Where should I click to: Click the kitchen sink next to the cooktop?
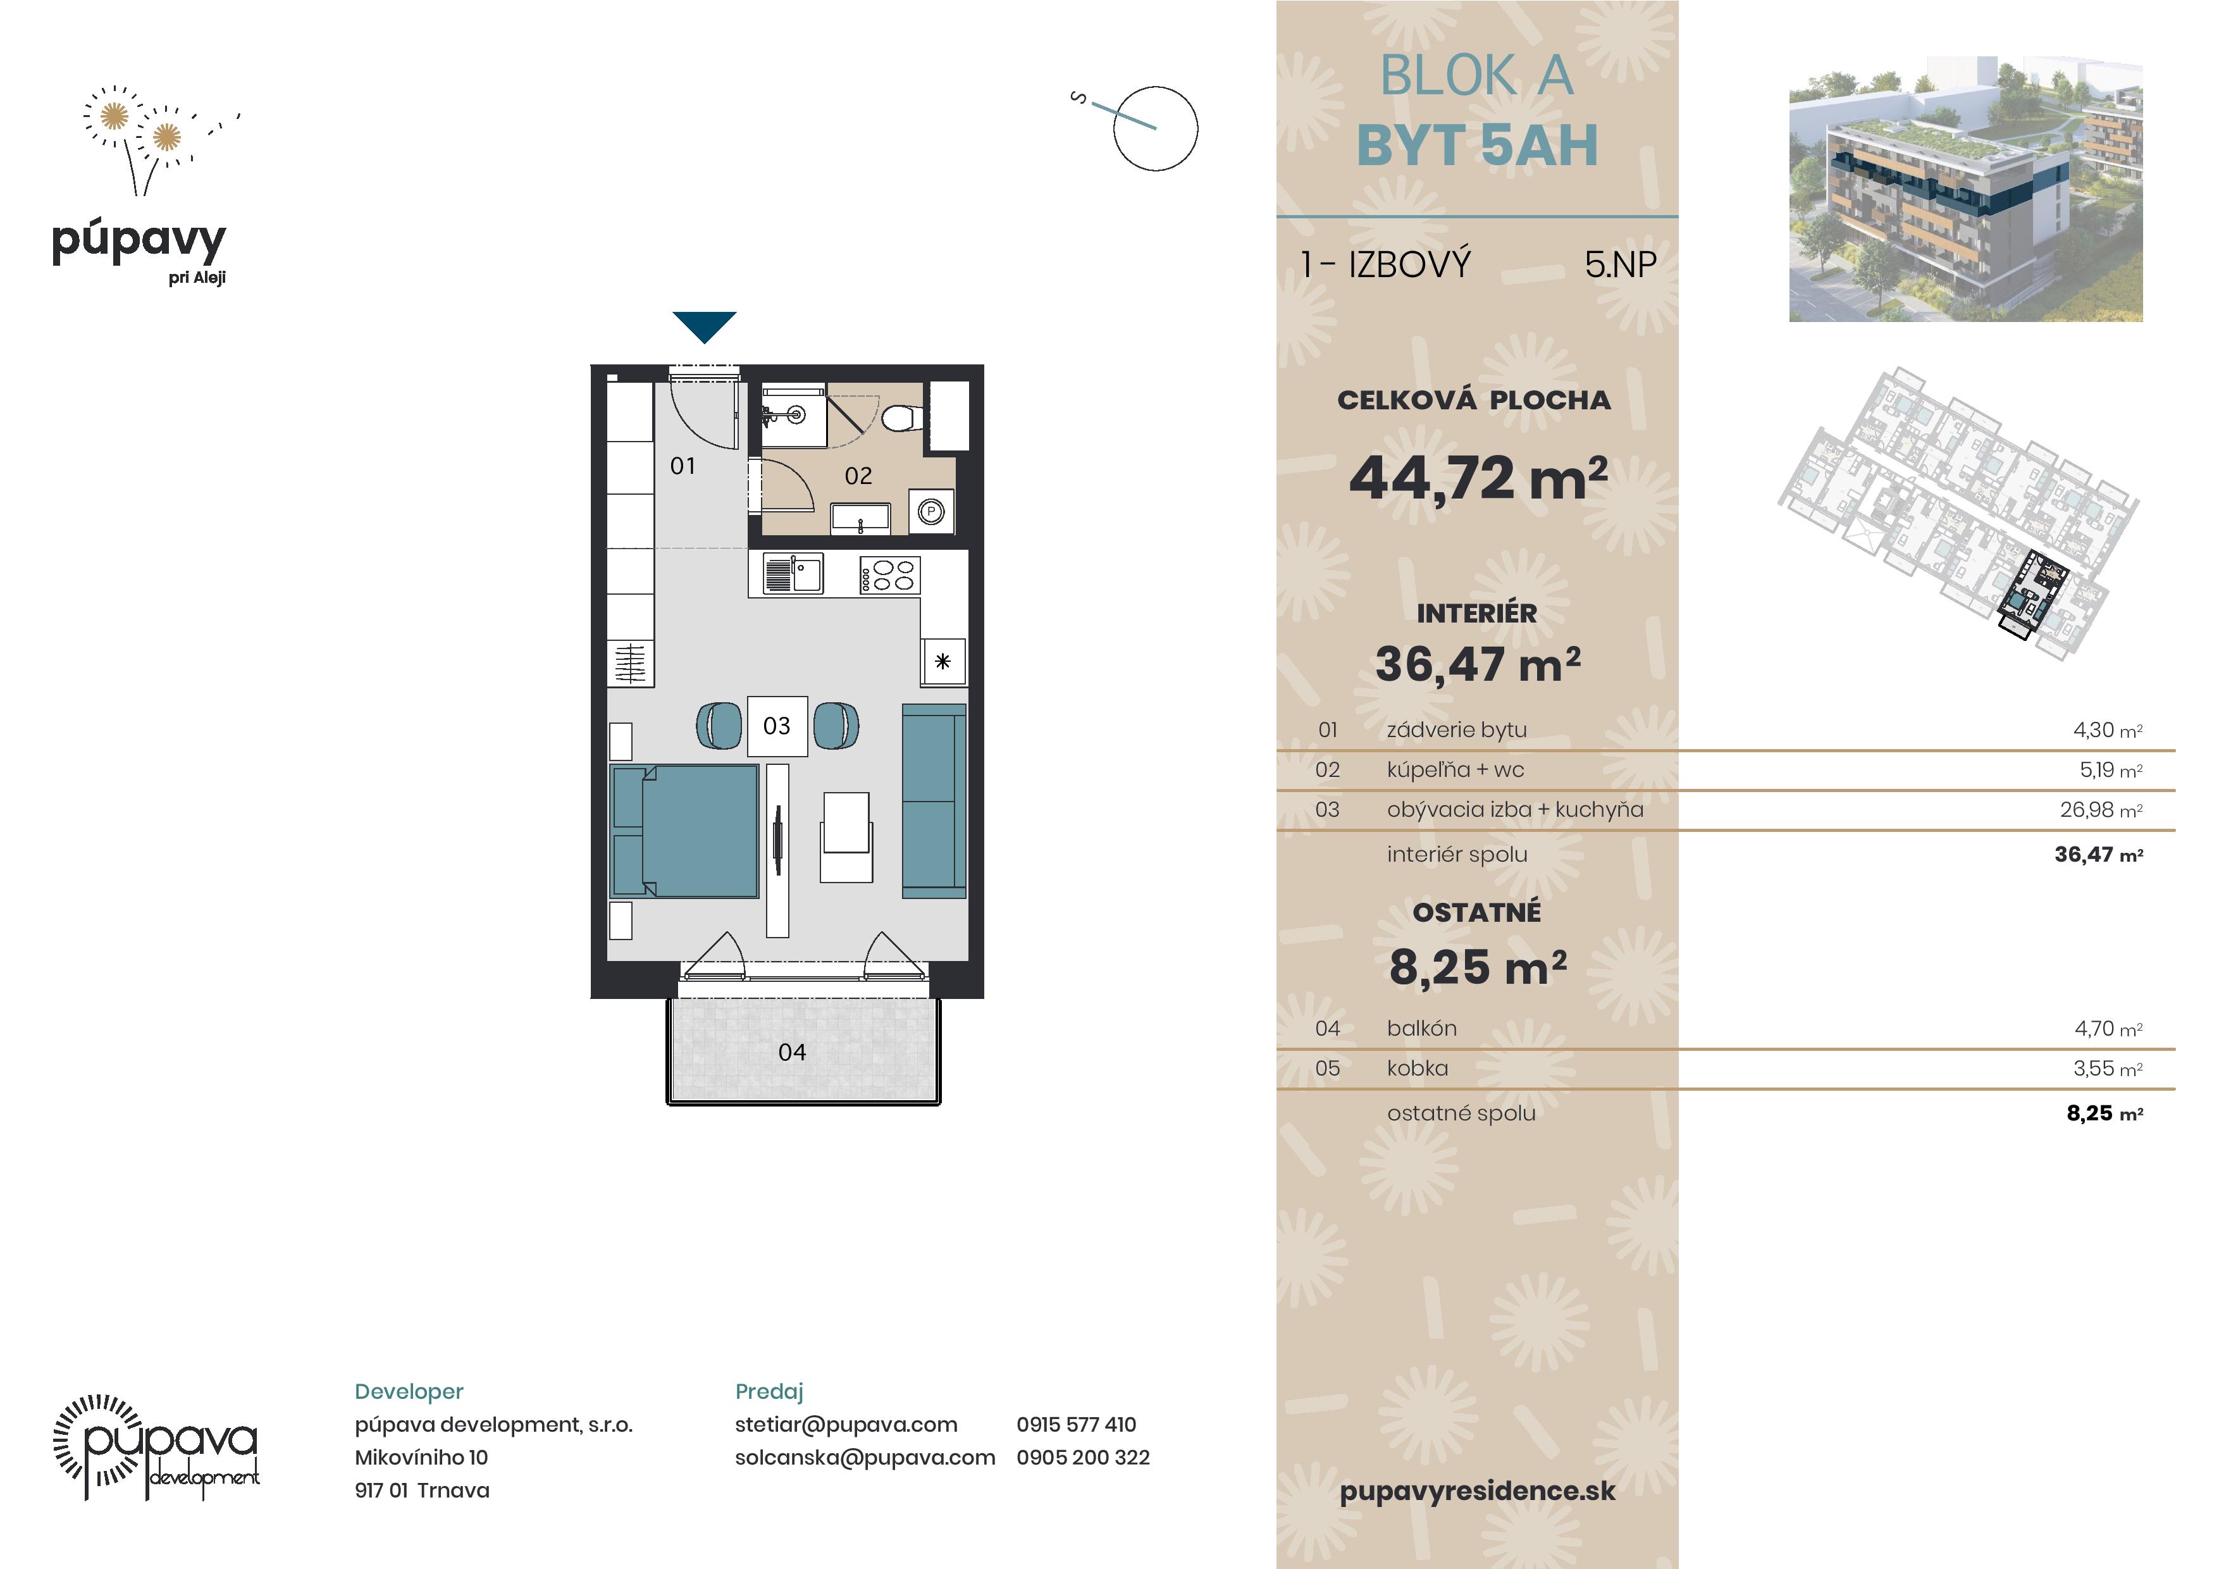tap(793, 573)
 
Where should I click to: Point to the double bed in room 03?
tap(684, 831)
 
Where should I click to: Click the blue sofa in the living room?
tap(934, 802)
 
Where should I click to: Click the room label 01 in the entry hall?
tap(683, 466)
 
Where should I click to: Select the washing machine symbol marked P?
tap(930, 511)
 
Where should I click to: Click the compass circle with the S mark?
tap(1155, 128)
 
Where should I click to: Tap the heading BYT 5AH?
tap(1477, 145)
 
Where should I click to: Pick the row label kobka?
tap(1417, 1068)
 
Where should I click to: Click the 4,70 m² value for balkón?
tap(2108, 1029)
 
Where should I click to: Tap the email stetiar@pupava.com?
tap(846, 1424)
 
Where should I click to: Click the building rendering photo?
tap(1966, 189)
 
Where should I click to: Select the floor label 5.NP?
tap(1620, 264)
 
